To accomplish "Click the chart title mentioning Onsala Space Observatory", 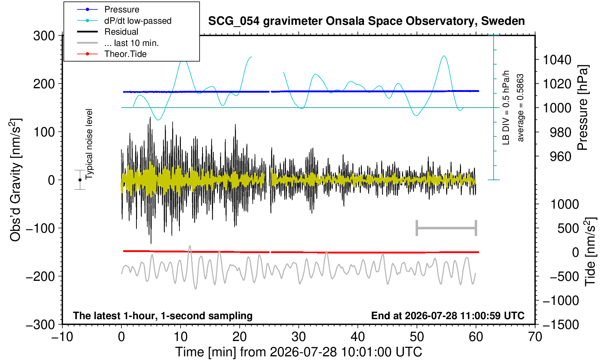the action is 366,21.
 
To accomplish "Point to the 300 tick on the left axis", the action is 44,36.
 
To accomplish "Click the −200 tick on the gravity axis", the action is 40,276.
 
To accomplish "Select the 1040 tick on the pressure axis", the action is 557,60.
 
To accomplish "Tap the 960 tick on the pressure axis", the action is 560,156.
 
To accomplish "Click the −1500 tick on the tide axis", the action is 561,325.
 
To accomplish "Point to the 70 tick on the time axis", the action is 535,337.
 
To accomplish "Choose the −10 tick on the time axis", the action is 62,337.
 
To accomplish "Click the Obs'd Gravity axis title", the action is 15,180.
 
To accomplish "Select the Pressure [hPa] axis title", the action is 583,108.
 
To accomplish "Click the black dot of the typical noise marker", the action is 80,180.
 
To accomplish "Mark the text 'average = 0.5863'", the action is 520,108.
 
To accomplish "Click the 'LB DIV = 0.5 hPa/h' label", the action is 506,108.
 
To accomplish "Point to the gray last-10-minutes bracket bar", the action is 447,228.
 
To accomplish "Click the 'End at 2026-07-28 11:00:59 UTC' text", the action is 448,316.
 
